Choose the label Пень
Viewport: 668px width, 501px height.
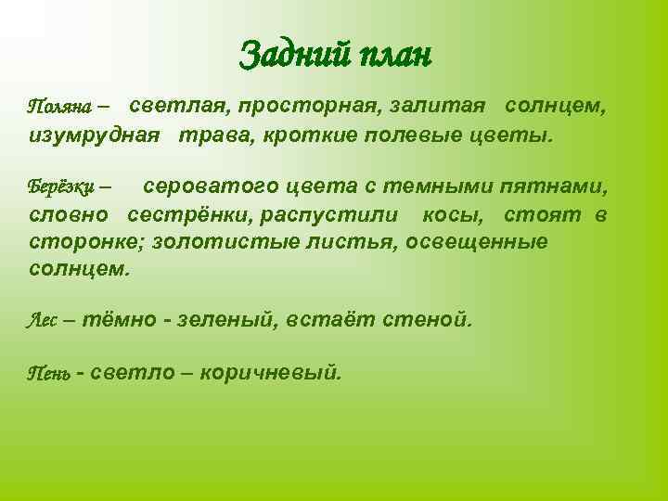tap(45, 374)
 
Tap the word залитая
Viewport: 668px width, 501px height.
tap(443, 109)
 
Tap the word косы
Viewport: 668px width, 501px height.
tap(452, 215)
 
